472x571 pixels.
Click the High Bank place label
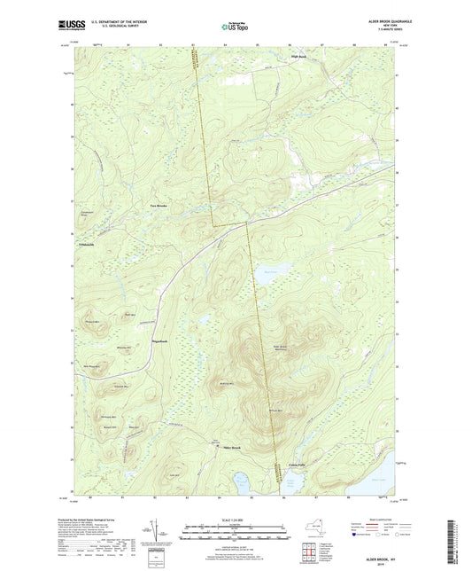[298, 58]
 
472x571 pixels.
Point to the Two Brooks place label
[158, 205]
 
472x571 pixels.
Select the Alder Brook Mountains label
[280, 348]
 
